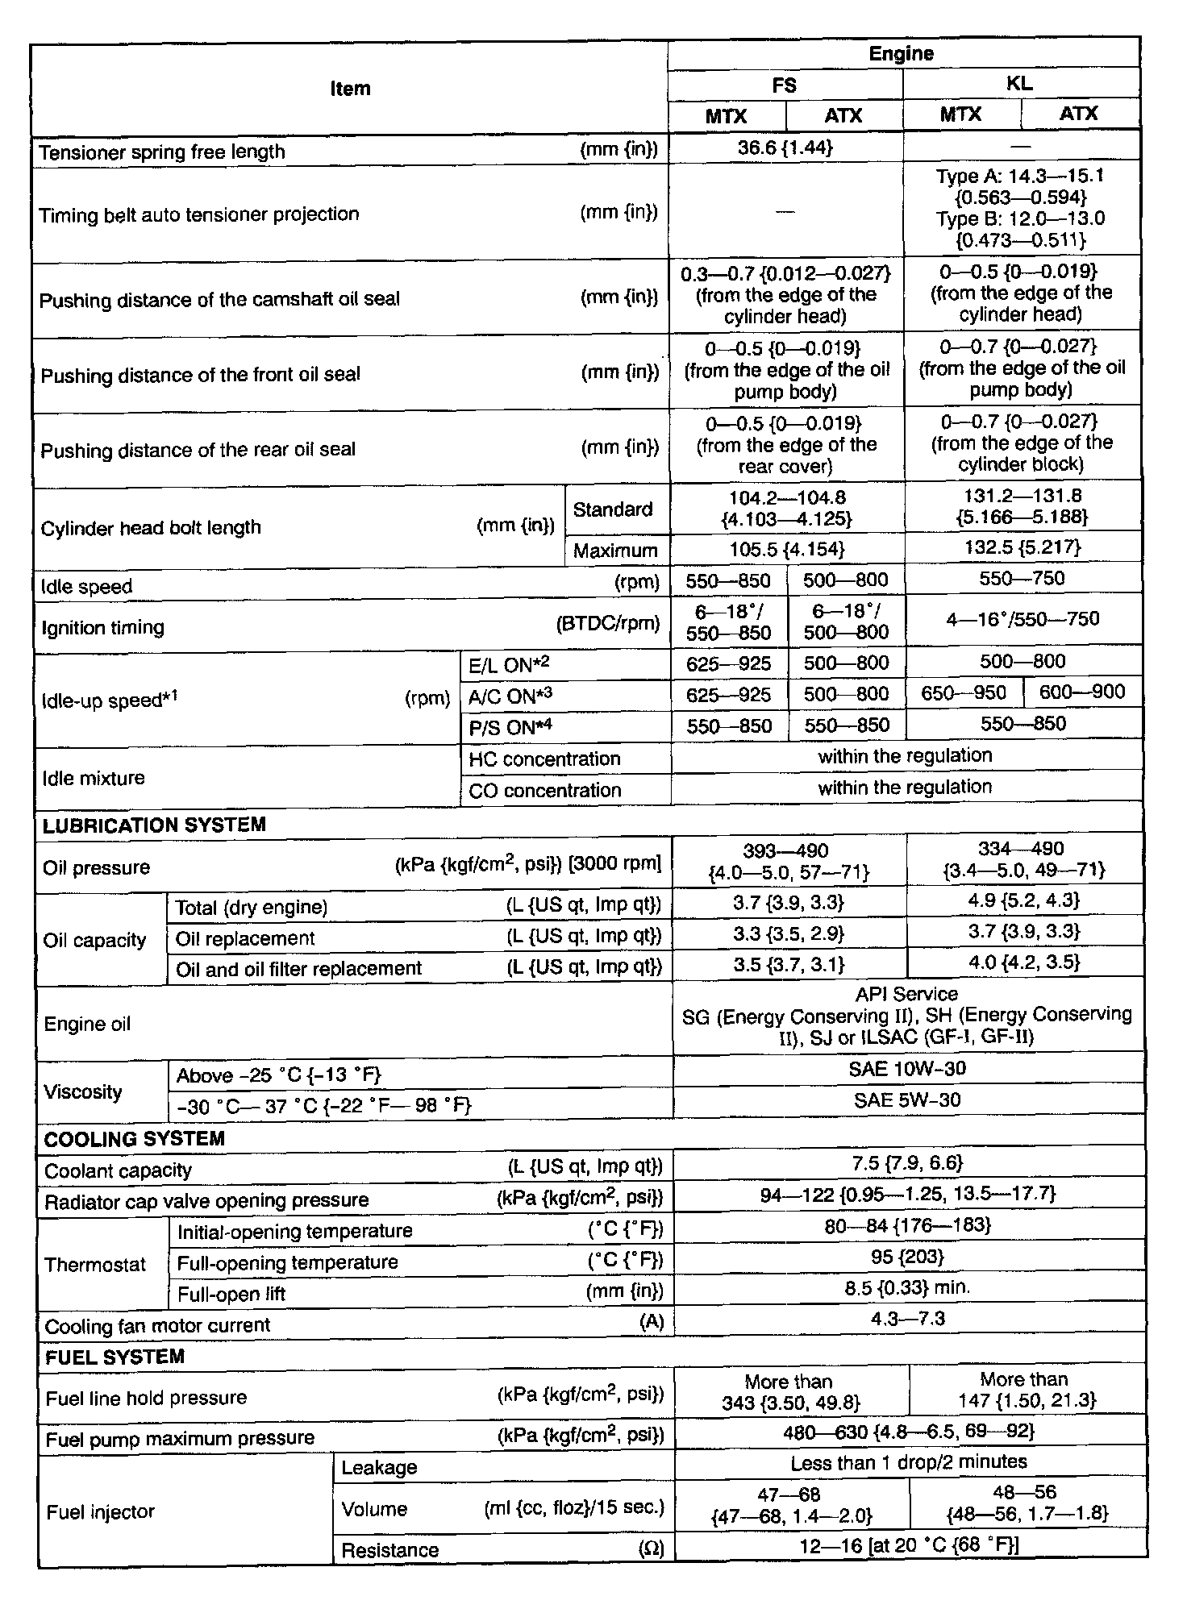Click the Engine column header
pyautogui.click(x=901, y=54)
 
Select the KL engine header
pyautogui.click(x=1019, y=84)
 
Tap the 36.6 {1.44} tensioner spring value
pyautogui.click(x=785, y=148)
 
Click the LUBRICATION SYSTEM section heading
pyautogui.click(x=154, y=825)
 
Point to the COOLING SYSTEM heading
pyautogui.click(x=134, y=1139)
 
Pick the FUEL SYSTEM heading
pyautogui.click(x=115, y=1357)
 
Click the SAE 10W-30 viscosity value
pyautogui.click(x=907, y=1069)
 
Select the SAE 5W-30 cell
pyautogui.click(x=907, y=1099)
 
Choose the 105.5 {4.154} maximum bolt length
pyautogui.click(x=786, y=550)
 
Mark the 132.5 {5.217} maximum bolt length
pyautogui.click(x=1022, y=548)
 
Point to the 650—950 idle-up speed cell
pyautogui.click(x=964, y=693)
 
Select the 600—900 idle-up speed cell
pyautogui.click(x=1082, y=692)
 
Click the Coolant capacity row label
pyautogui.click(x=118, y=1171)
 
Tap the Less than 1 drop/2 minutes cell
pyautogui.click(x=909, y=1462)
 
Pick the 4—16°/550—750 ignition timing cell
pyautogui.click(x=1022, y=619)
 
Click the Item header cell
pyautogui.click(x=350, y=89)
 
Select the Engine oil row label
pyautogui.click(x=87, y=1025)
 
